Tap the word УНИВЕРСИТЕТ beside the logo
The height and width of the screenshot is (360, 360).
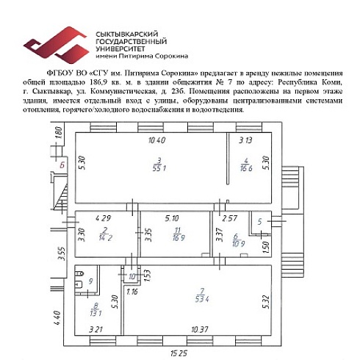(119, 48)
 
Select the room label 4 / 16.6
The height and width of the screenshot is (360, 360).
(247, 165)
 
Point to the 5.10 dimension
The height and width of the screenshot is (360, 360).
(172, 218)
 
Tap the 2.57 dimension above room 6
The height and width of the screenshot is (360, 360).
(230, 218)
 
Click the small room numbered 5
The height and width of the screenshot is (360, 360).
(260, 221)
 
